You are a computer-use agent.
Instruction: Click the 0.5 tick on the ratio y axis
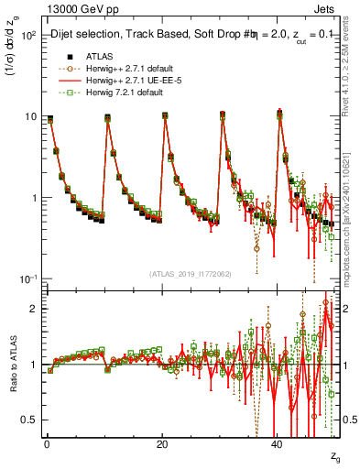(x=29, y=420)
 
